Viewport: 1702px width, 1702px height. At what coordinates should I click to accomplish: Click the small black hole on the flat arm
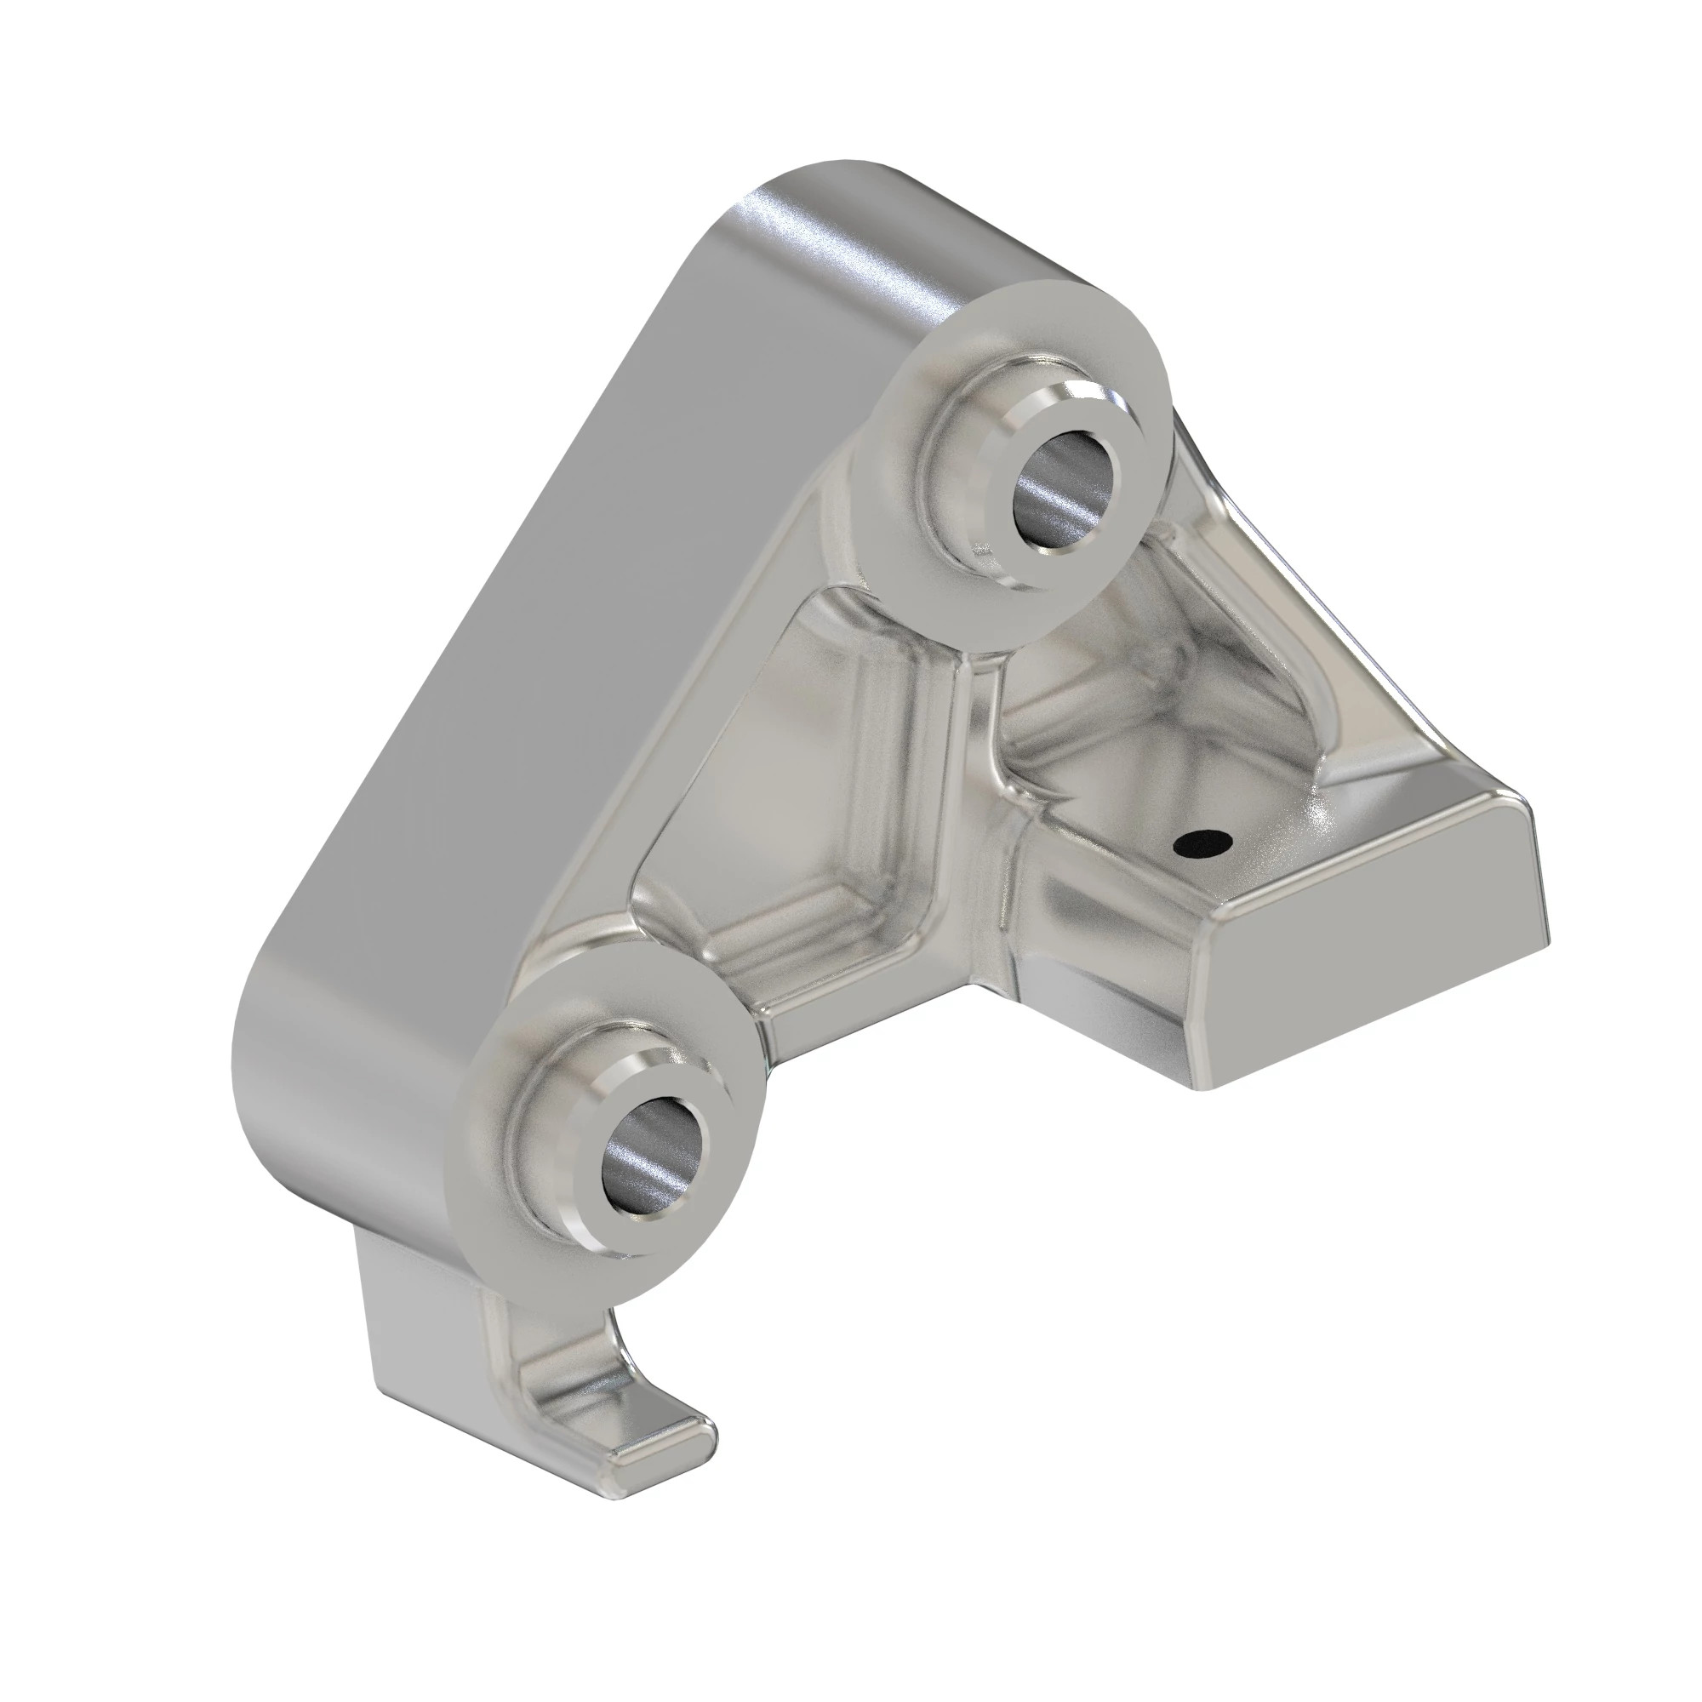click(x=1202, y=844)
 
